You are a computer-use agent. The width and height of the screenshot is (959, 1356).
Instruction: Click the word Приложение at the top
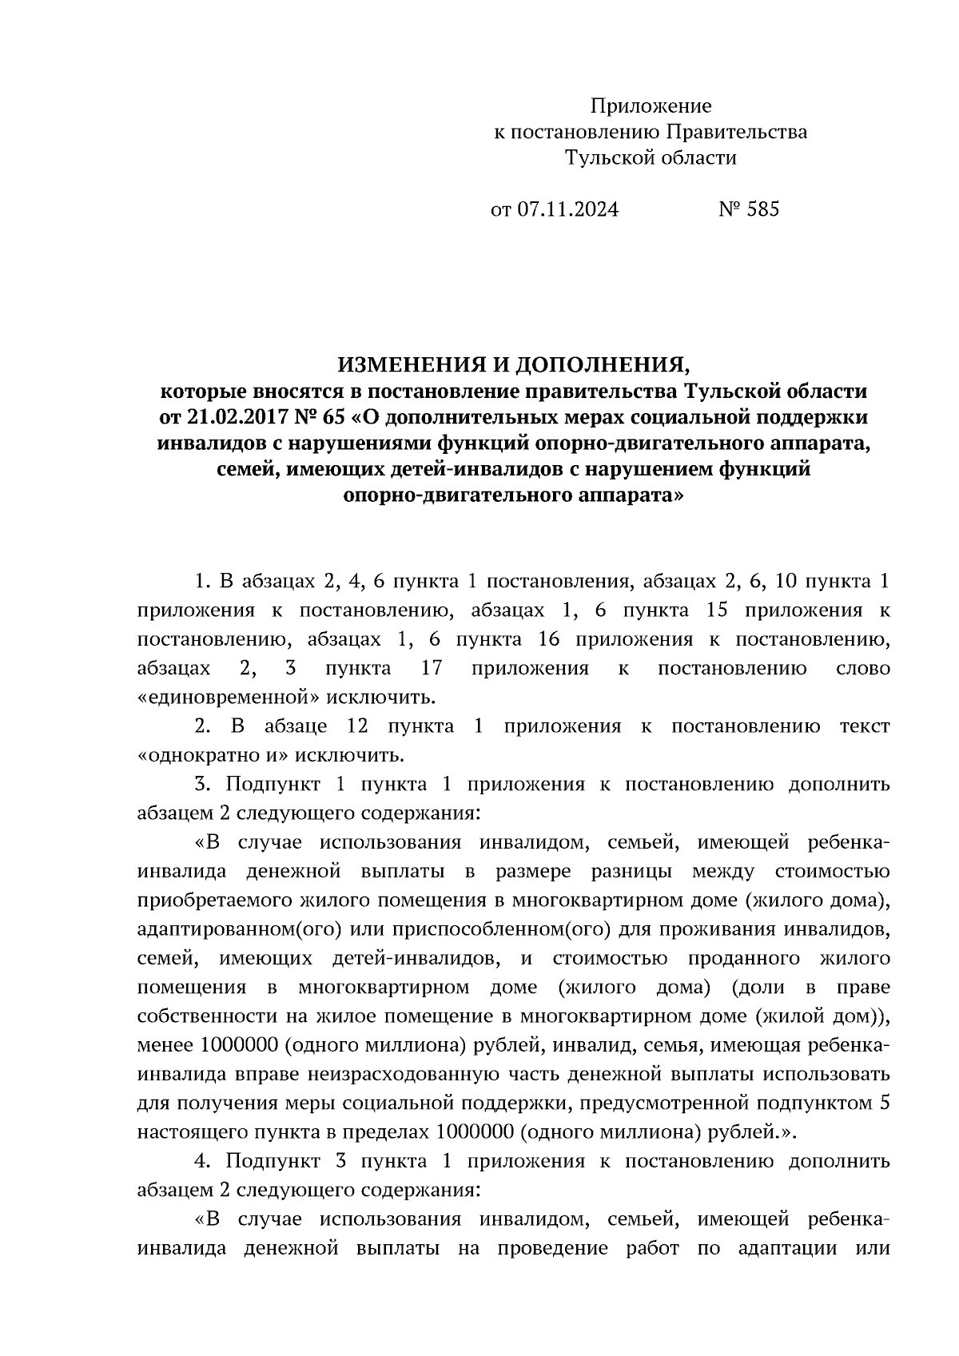coord(650,105)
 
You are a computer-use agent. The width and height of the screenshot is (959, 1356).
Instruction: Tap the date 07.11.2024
coord(567,209)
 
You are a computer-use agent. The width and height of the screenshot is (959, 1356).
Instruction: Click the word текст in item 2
coord(865,726)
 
